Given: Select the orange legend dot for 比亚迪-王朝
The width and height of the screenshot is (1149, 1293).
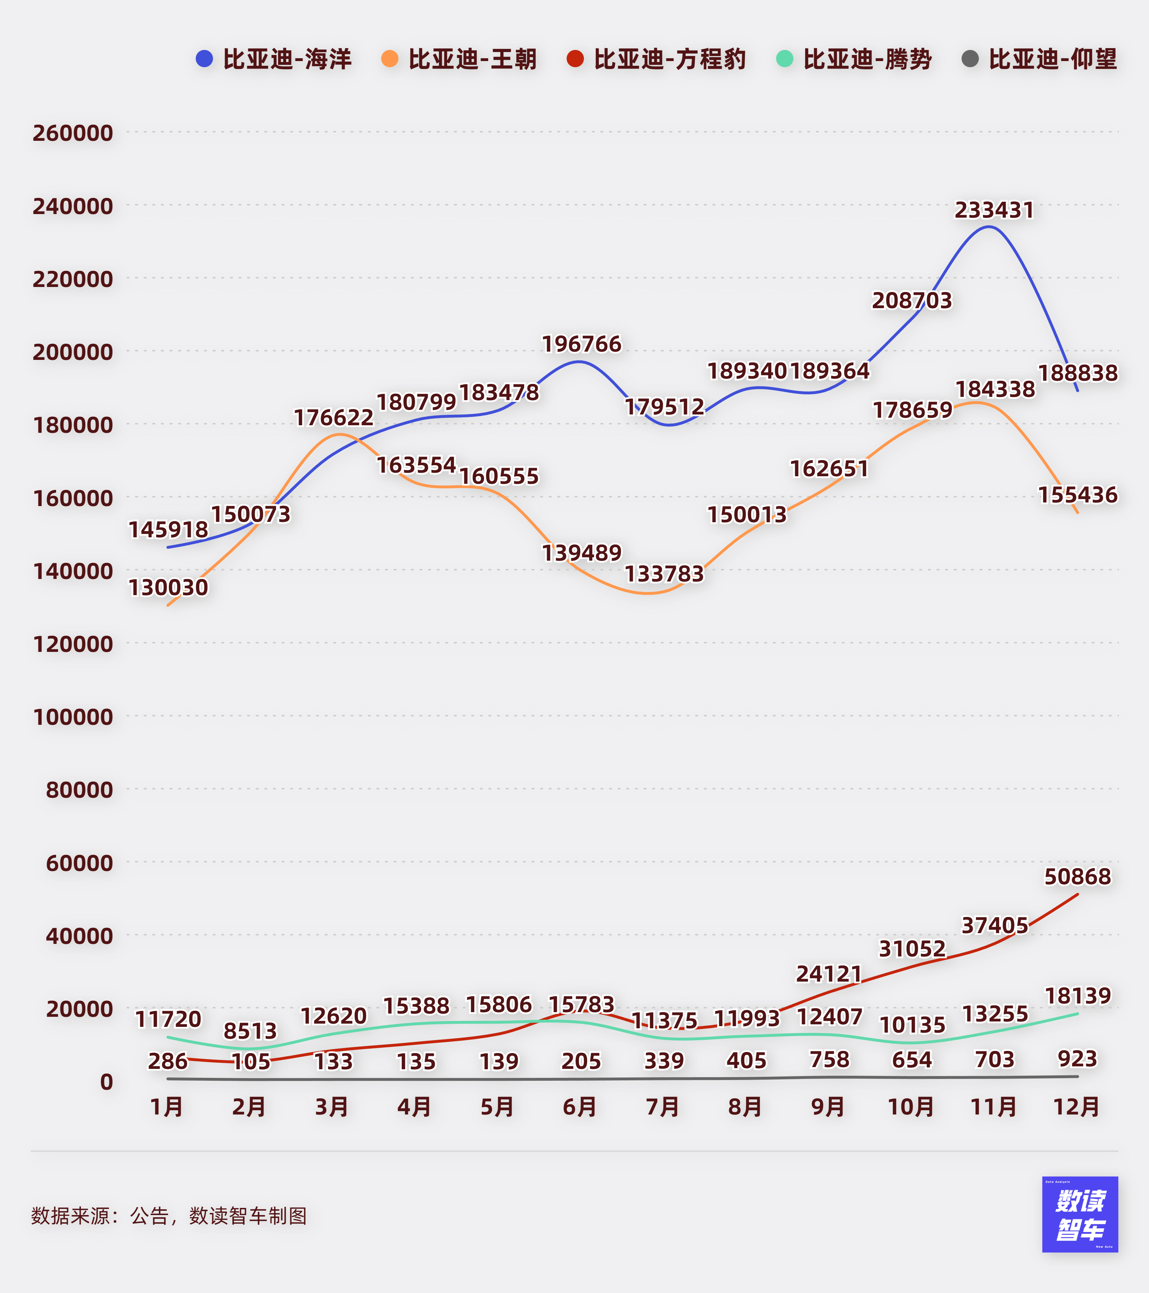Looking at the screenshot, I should pos(390,59).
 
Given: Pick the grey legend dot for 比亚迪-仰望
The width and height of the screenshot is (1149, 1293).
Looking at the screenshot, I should pos(969,59).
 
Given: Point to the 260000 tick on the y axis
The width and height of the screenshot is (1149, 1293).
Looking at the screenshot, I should pos(73,133).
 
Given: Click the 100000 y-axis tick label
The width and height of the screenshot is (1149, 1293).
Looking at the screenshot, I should pos(73,717).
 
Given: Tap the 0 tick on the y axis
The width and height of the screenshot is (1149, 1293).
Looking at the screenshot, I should pos(106,1082).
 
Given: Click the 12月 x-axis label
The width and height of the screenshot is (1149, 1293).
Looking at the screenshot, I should pos(1076,1107).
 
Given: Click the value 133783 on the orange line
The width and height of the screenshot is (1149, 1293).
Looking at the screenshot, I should pos(664,574).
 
